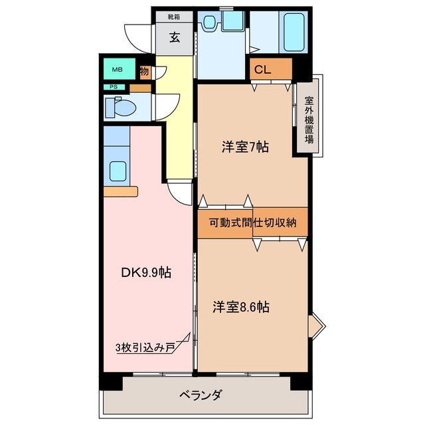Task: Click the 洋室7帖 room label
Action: [245, 147]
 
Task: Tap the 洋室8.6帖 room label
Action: [240, 307]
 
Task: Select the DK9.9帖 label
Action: [146, 272]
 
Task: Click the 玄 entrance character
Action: [174, 37]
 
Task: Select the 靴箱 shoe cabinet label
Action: [174, 16]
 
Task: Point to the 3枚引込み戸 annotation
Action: [144, 347]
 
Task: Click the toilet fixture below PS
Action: [120, 106]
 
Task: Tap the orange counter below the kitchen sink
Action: [120, 191]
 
